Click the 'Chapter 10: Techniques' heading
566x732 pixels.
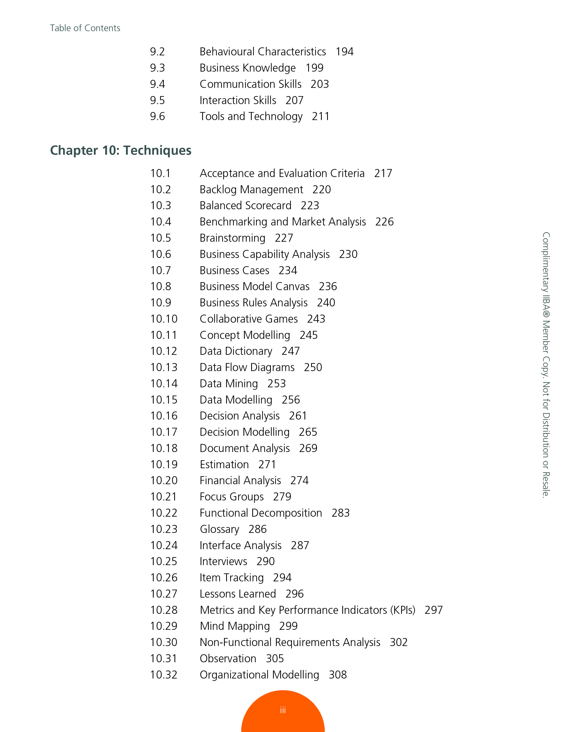tap(121, 150)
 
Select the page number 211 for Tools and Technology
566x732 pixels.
tap(320, 116)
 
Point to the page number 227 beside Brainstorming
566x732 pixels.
tap(284, 238)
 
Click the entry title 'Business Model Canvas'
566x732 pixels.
tap(254, 287)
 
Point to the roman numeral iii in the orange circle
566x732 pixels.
tap(283, 710)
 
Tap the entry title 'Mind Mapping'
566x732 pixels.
tap(235, 626)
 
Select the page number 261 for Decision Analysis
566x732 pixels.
tap(298, 416)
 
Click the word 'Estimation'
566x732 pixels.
tap(224, 464)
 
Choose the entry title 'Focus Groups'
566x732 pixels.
tap(231, 497)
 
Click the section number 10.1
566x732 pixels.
tap(160, 173)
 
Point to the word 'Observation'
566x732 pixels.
tap(228, 659)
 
